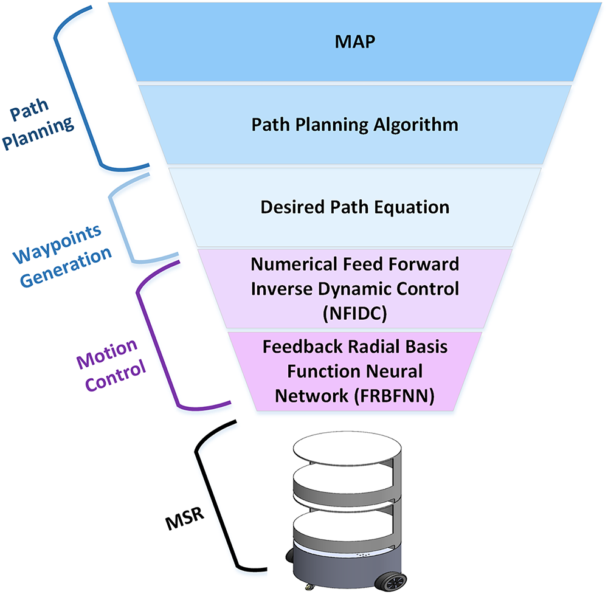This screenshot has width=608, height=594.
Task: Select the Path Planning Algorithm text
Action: pos(355,125)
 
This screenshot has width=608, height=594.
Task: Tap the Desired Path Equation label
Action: pos(355,207)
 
